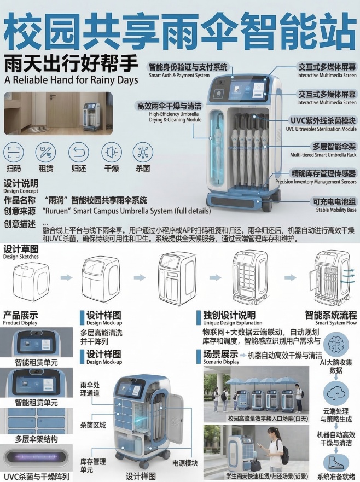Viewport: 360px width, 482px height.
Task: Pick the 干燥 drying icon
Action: pos(112,152)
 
